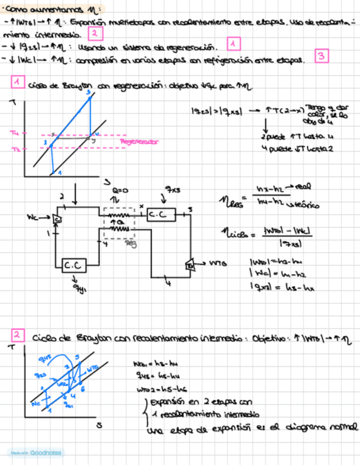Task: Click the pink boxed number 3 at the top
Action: pyautogui.click(x=321, y=56)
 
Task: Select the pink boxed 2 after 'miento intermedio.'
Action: pyautogui.click(x=95, y=34)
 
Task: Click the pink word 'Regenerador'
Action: pyautogui.click(x=139, y=141)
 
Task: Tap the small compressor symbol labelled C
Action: pyautogui.click(x=57, y=219)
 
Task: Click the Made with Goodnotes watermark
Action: pyautogui.click(x=35, y=452)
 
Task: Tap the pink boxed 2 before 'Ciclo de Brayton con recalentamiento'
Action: pyautogui.click(x=18, y=335)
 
